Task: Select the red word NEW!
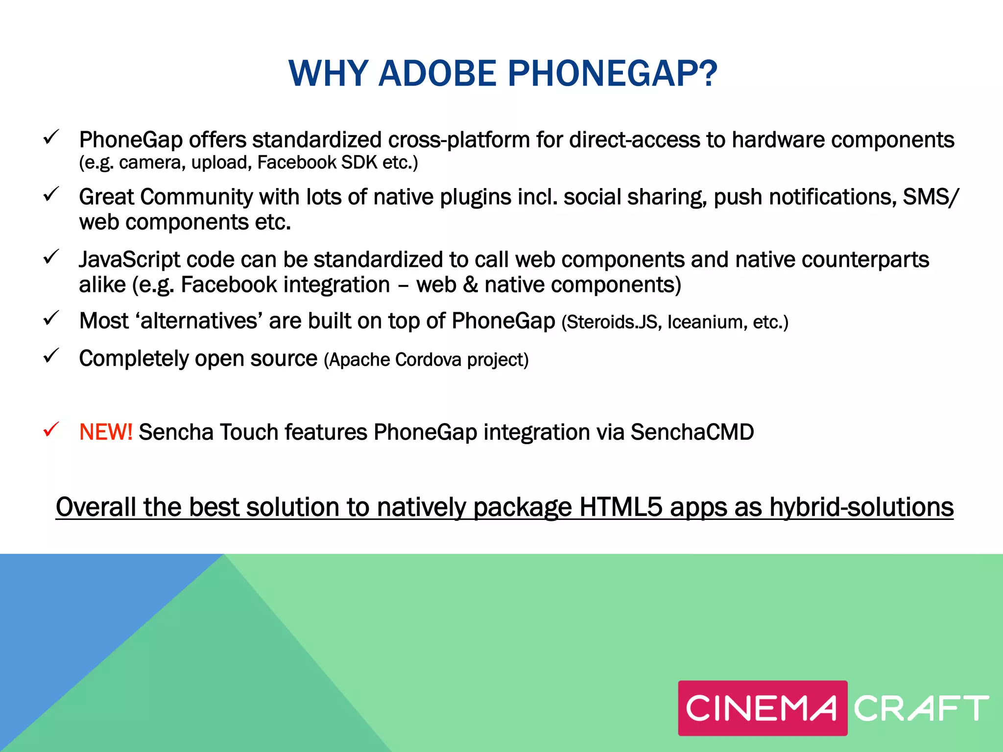[x=105, y=432]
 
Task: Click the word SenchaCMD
[x=692, y=432]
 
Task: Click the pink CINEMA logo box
[x=762, y=708]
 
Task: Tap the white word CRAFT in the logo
[x=921, y=708]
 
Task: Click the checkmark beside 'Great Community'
[x=51, y=194]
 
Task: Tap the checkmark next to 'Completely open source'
[x=51, y=356]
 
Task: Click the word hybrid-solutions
[x=861, y=507]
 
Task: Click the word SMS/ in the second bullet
[x=931, y=197]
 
